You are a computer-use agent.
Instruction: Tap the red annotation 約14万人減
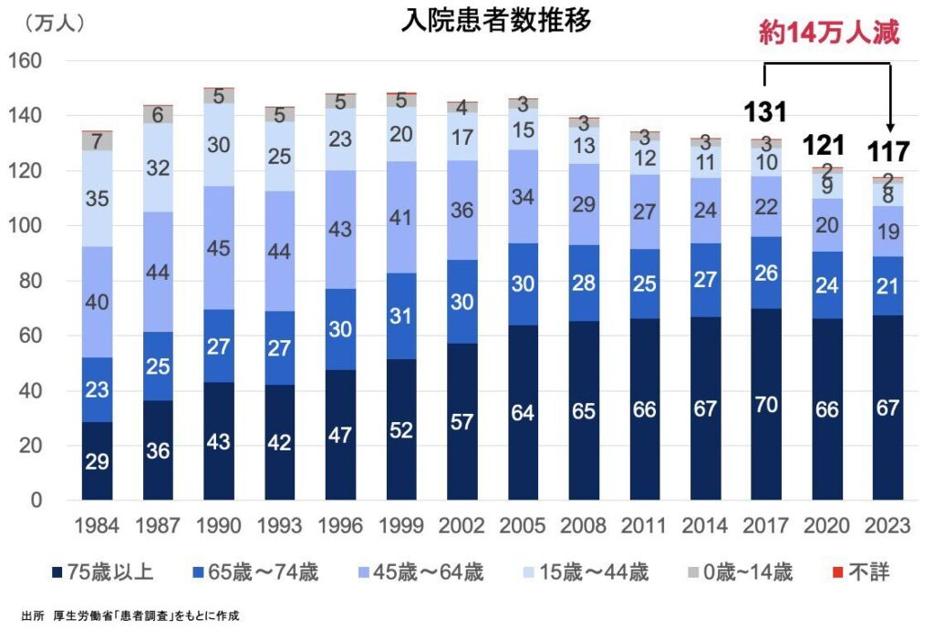[829, 34]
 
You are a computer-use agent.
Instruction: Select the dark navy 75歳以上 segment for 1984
[97, 461]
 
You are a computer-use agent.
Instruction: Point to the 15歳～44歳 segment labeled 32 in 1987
[159, 168]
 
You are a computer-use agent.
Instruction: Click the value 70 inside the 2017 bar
[767, 405]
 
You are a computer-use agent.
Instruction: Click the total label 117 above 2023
[887, 151]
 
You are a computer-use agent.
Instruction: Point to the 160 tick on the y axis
[26, 61]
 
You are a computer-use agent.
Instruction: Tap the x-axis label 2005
[524, 525]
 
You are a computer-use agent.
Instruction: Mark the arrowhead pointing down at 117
[890, 129]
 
